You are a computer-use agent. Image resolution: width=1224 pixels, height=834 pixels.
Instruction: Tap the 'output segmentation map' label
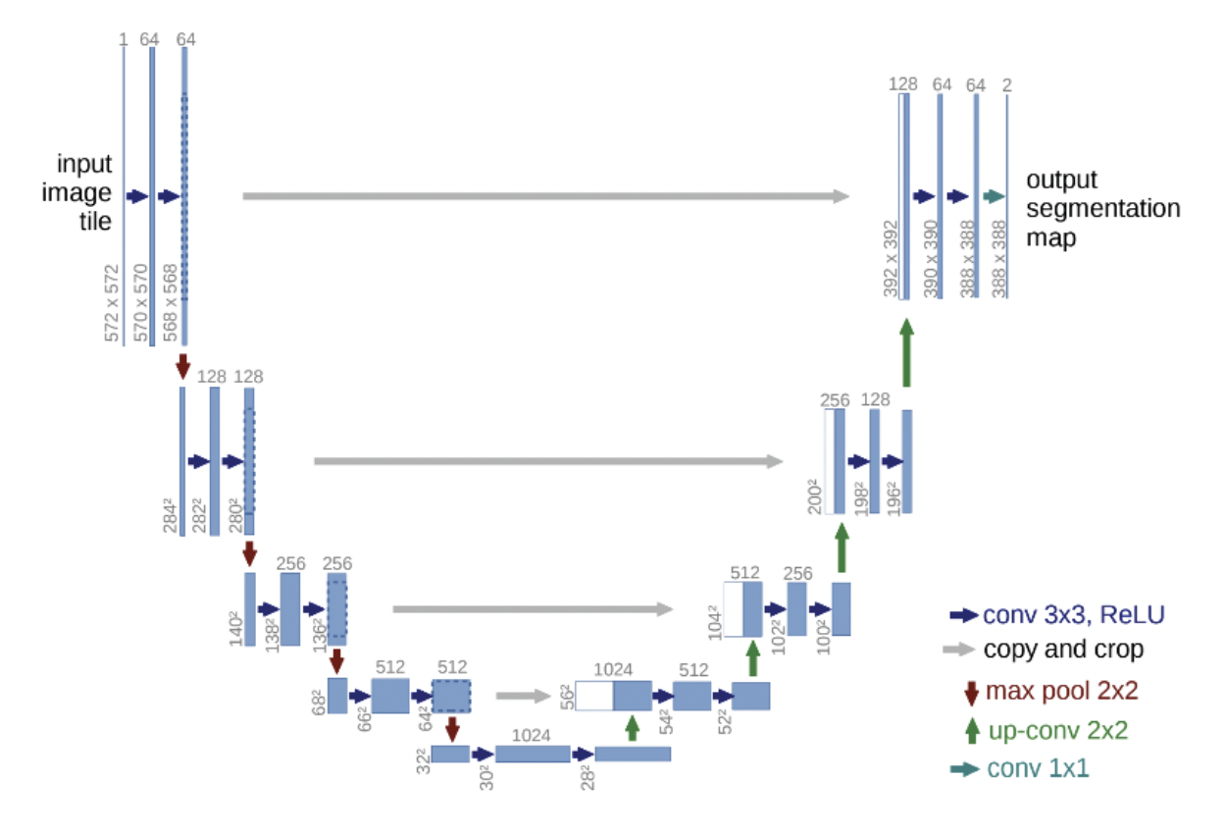tap(1102, 209)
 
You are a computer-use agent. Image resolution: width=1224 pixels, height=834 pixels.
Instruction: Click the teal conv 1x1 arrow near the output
tap(994, 196)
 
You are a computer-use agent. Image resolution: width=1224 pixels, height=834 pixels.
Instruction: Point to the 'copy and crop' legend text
tap(1063, 649)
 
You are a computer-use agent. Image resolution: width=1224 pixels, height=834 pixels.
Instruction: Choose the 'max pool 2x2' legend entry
tap(1061, 690)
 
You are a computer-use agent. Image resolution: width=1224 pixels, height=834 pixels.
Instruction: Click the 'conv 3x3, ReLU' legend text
tap(1073, 615)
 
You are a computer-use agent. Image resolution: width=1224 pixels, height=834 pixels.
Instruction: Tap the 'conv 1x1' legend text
tap(1038, 768)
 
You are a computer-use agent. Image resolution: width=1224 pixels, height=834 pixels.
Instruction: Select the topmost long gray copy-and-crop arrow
tap(545, 196)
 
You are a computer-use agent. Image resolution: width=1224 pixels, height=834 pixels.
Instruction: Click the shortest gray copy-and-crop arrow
tap(523, 696)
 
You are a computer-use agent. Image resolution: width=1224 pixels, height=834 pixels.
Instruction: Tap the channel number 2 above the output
tap(1007, 84)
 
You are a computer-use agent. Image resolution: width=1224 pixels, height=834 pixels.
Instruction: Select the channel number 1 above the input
tap(124, 39)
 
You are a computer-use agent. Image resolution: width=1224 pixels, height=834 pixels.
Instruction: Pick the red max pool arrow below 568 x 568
tap(182, 365)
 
